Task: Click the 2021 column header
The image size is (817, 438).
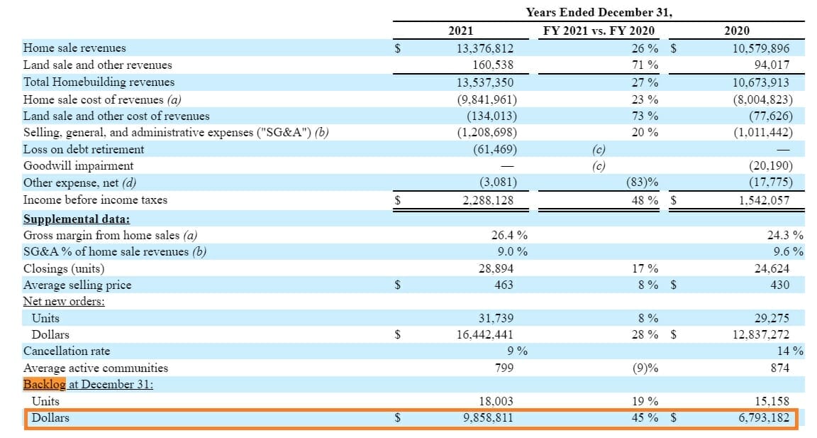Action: [461, 31]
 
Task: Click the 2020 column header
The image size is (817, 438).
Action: [736, 31]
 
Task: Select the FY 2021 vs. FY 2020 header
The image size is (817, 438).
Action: [599, 31]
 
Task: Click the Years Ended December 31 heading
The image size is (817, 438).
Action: [599, 12]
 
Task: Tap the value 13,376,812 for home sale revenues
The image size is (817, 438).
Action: [485, 48]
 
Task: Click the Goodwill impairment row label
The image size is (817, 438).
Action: [79, 166]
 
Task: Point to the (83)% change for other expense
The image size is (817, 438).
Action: [643, 183]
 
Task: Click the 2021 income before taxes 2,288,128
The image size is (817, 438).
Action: [485, 200]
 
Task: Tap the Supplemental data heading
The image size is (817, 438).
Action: [77, 219]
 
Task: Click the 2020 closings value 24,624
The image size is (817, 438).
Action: [772, 269]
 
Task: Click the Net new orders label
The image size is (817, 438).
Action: [64, 302]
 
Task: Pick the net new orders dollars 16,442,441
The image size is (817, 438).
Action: [485, 334]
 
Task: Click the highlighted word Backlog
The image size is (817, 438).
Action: [44, 384]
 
